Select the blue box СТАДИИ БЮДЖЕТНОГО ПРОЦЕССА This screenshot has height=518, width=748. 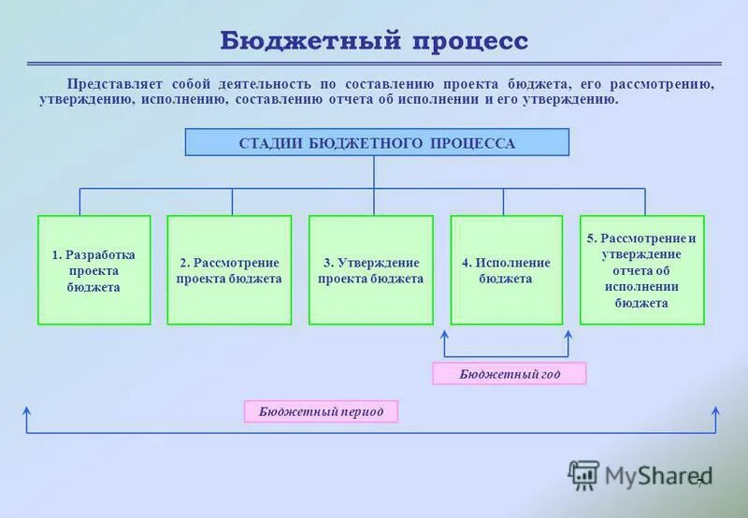(377, 143)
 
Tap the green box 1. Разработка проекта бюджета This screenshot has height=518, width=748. (93, 270)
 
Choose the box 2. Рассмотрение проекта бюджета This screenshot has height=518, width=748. (229, 270)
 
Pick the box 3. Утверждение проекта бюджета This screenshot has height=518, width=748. (370, 270)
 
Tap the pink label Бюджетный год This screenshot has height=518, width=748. (510, 374)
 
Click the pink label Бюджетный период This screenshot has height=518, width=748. (321, 411)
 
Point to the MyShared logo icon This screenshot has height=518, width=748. (583, 475)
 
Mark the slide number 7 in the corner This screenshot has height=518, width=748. (698, 482)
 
